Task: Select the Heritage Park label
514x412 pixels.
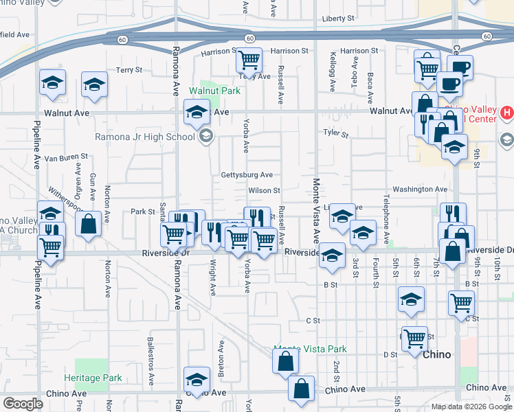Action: coord(93,378)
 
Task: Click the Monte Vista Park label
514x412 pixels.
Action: coord(310,349)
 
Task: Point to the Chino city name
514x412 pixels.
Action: coord(436,354)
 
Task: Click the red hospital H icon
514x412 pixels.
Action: coord(506,112)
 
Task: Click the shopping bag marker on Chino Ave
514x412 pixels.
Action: coord(301,389)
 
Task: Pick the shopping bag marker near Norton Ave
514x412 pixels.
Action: coord(89,224)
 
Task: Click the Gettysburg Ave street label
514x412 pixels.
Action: coord(247,175)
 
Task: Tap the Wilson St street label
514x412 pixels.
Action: coord(265,190)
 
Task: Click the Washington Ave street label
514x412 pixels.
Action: coord(420,190)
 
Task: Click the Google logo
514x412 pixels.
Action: coord(23,404)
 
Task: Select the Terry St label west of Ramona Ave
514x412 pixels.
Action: coord(128,70)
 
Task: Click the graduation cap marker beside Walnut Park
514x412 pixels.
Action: coord(197,111)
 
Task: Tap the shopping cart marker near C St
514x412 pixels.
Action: coord(460,302)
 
